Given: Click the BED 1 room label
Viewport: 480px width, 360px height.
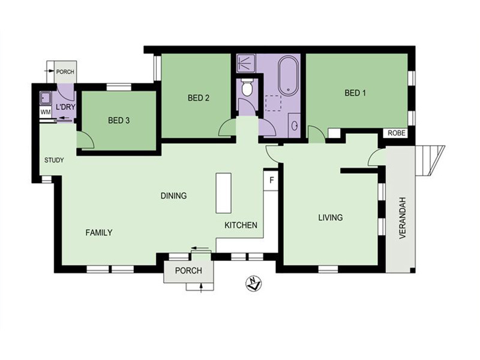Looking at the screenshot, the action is pos(355,93).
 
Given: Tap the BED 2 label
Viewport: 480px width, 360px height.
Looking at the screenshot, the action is pos(199,98).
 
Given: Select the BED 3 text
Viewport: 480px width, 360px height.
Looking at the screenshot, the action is pos(119,121).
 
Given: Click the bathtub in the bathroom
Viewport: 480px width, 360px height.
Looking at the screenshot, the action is pos(288,75).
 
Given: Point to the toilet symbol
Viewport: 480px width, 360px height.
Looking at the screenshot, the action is pos(247,87).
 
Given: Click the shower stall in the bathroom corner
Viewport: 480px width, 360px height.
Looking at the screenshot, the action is pos(246,64).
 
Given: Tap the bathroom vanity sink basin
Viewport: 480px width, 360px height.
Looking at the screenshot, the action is pos(295,125).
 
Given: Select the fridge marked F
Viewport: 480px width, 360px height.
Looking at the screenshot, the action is pos(271,180).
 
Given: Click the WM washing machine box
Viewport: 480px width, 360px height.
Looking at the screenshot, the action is pos(46,112).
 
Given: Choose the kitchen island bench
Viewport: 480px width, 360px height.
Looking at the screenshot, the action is pos(223,193).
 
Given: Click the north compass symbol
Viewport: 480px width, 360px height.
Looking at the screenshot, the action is pos(254,283).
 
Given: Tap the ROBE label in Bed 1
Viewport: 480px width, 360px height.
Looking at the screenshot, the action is pos(397,133).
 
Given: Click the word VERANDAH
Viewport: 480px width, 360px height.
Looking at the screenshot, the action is pos(402,217).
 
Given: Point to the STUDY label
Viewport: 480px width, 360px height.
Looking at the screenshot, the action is pos(54,160).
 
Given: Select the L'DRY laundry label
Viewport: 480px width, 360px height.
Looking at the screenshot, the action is pos(65,107).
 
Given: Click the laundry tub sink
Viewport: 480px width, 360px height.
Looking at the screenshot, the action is pos(46,98).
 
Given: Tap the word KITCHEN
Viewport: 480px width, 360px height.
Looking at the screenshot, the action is pos(241,226).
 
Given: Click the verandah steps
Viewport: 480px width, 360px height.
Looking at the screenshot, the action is pos(430,161).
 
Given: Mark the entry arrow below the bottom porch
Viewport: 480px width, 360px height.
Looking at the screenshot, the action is pos(201,289).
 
